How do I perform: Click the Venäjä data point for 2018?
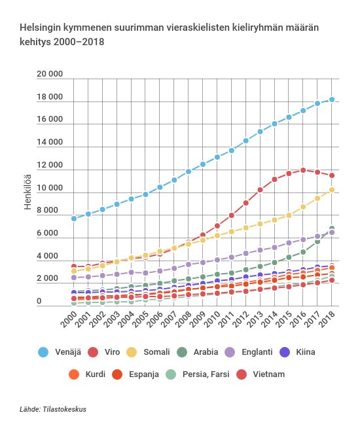(x=332, y=100)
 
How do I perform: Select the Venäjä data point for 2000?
(x=73, y=218)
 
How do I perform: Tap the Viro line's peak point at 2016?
(x=302, y=170)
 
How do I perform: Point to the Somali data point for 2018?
(x=332, y=190)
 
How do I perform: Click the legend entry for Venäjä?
(x=58, y=352)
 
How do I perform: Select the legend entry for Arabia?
(x=203, y=352)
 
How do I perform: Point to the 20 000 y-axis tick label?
(x=50, y=75)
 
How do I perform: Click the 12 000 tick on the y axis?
(x=50, y=166)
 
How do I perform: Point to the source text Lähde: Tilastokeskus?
(x=53, y=410)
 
